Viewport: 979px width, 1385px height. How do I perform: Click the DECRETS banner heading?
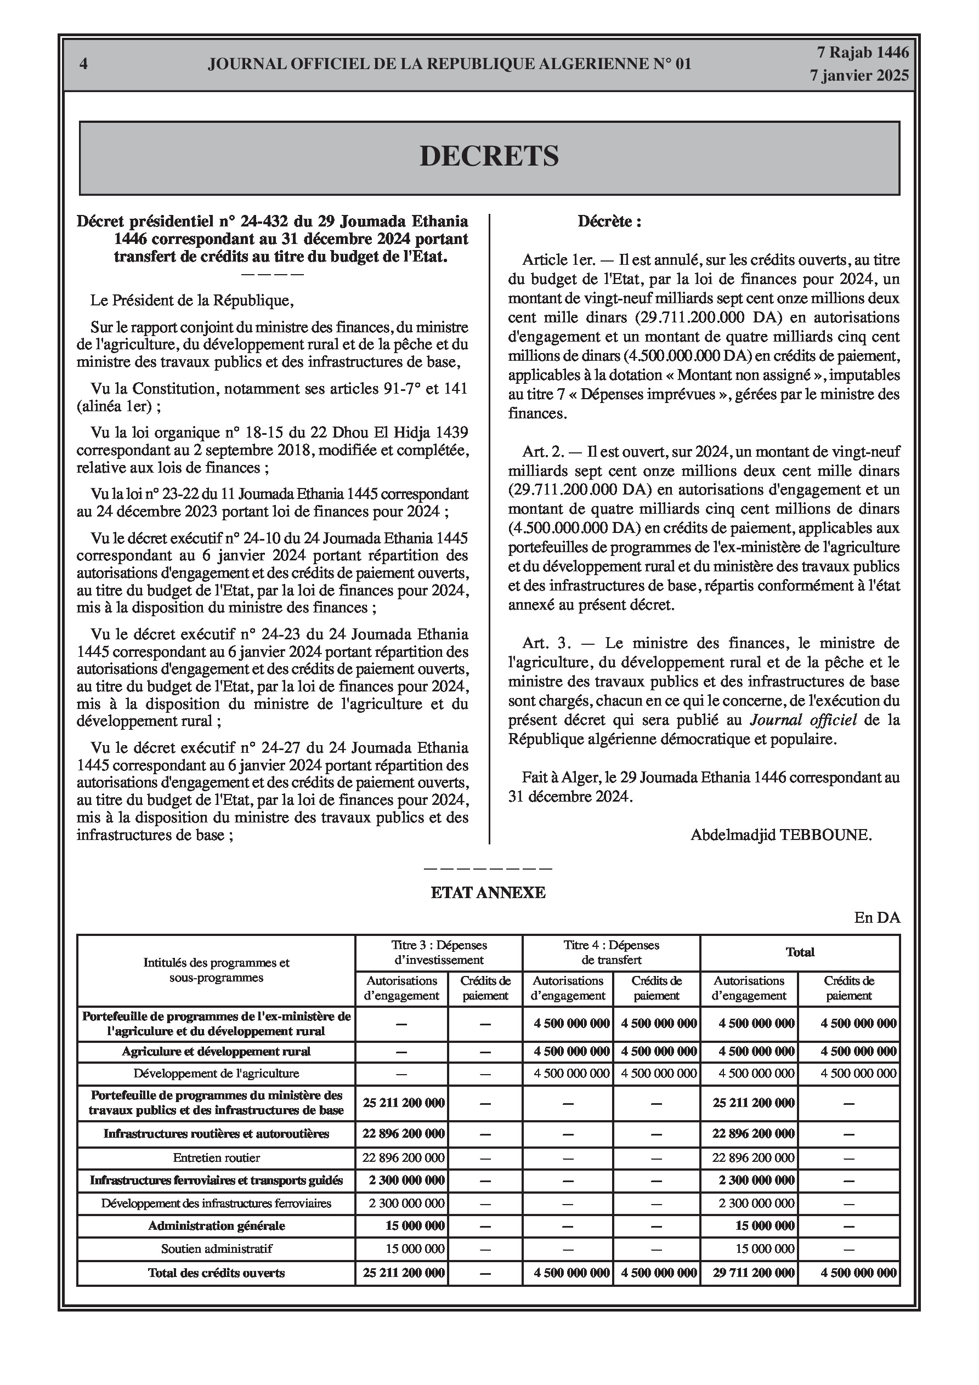point(489,156)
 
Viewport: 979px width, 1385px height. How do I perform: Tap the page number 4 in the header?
point(83,64)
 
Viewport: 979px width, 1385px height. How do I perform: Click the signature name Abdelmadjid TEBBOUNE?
point(781,835)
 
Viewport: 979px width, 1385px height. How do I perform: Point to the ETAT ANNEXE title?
point(488,893)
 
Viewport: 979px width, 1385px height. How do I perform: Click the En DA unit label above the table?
point(877,917)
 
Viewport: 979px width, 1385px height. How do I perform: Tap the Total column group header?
point(800,952)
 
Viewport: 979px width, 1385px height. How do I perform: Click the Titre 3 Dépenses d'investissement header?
point(439,952)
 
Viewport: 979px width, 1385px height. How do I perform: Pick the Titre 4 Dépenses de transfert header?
point(611,952)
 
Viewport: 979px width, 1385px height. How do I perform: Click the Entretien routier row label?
point(216,1157)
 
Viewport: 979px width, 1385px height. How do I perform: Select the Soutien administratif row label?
point(216,1248)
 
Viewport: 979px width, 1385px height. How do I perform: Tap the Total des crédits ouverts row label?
point(216,1273)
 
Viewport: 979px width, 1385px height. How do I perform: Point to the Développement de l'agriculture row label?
point(216,1073)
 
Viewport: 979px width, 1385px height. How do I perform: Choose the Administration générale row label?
point(216,1226)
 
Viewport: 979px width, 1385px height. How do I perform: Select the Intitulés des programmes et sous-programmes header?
point(216,970)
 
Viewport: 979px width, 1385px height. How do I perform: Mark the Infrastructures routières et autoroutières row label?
point(216,1133)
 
